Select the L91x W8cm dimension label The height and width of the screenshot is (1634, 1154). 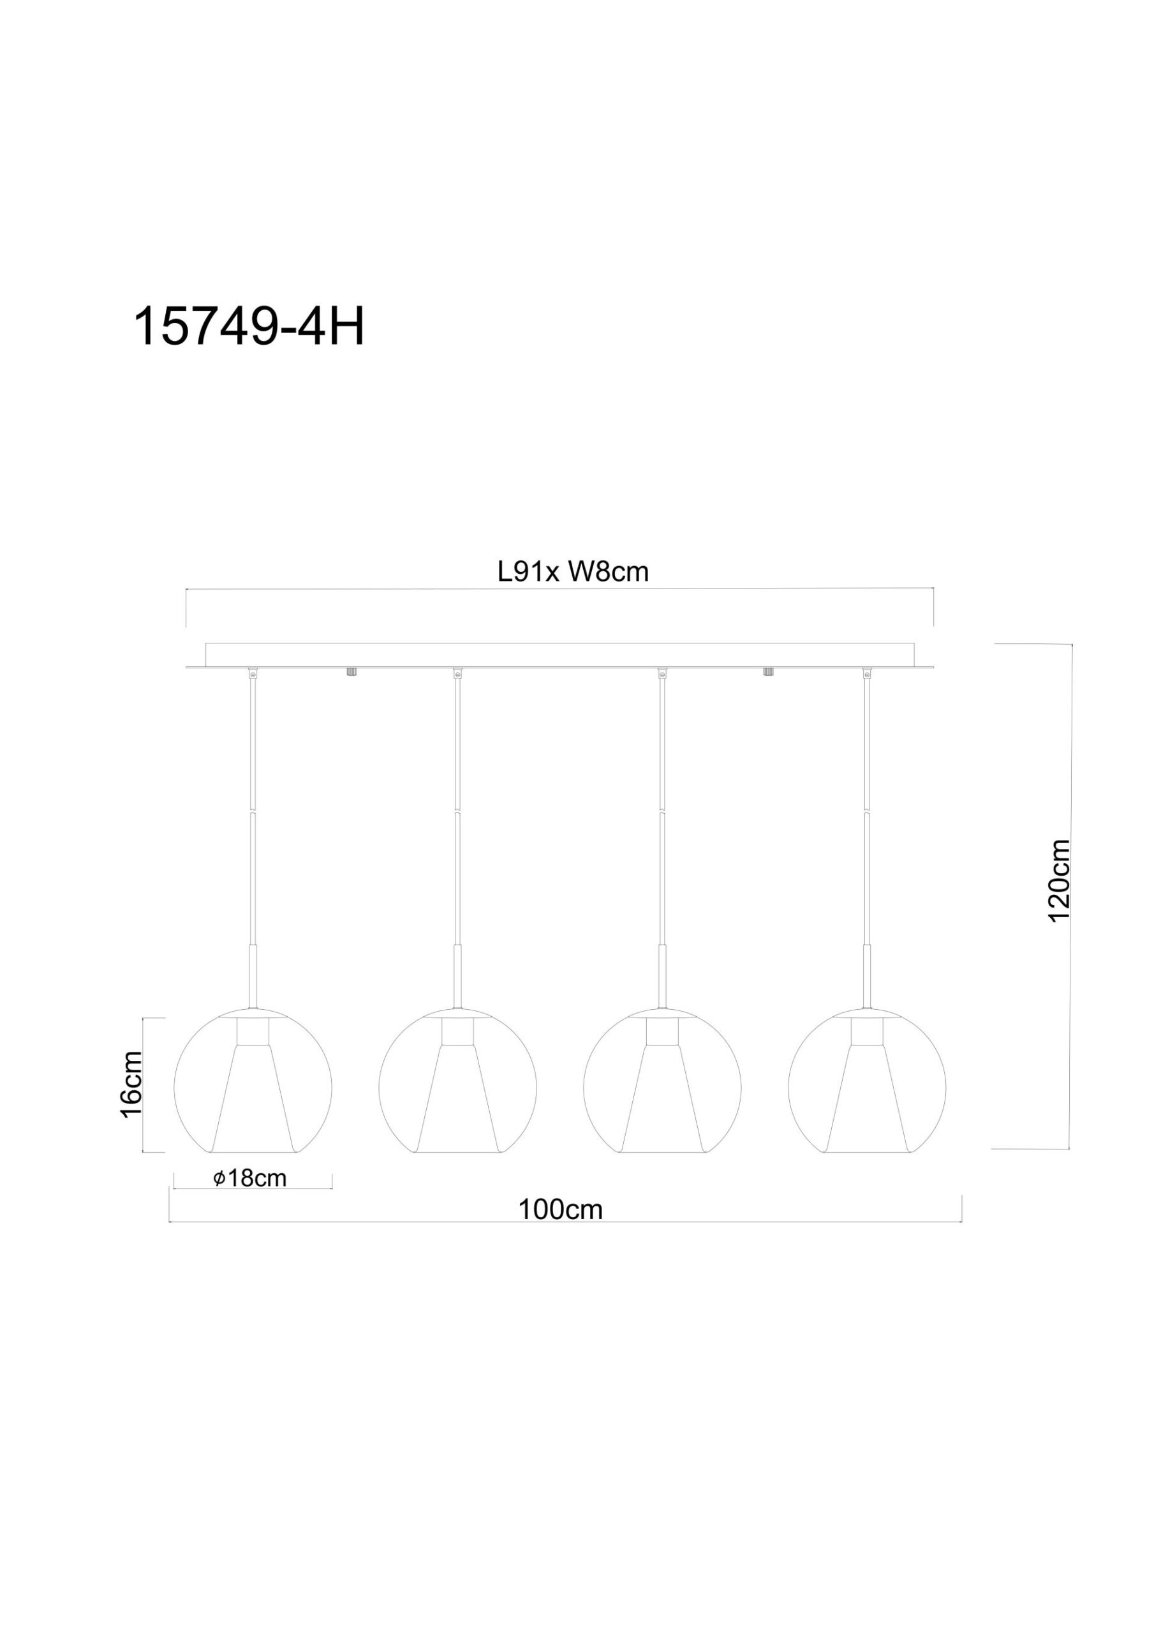coord(573,571)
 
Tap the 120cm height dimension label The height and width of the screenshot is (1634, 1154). coord(1060,880)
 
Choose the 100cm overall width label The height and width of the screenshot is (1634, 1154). coord(560,1209)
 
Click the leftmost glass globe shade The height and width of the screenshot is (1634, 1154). coord(253,1089)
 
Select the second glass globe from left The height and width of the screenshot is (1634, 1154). coord(457,1089)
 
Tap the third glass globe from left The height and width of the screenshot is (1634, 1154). coord(662,1089)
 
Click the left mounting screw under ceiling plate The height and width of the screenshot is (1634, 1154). coord(351,672)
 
